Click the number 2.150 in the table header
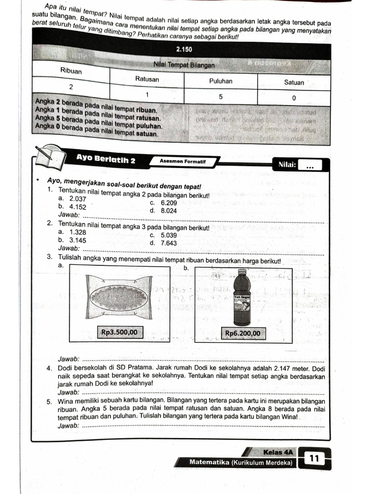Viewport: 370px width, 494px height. [185, 50]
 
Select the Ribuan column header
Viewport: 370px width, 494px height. [71, 71]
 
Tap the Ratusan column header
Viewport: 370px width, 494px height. [147, 78]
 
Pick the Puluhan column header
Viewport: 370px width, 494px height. [221, 81]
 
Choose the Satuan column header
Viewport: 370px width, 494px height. [294, 82]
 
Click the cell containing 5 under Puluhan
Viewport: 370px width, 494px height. [221, 96]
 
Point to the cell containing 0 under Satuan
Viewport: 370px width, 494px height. [294, 98]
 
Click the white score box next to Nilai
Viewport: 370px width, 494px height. [310, 166]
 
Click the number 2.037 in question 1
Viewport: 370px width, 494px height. [78, 199]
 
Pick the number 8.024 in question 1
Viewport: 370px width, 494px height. [169, 211]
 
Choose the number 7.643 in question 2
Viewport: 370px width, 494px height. [169, 243]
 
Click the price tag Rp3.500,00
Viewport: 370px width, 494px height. [119, 332]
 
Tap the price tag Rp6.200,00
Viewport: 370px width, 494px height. [243, 333]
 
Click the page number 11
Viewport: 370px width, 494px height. [315, 458]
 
